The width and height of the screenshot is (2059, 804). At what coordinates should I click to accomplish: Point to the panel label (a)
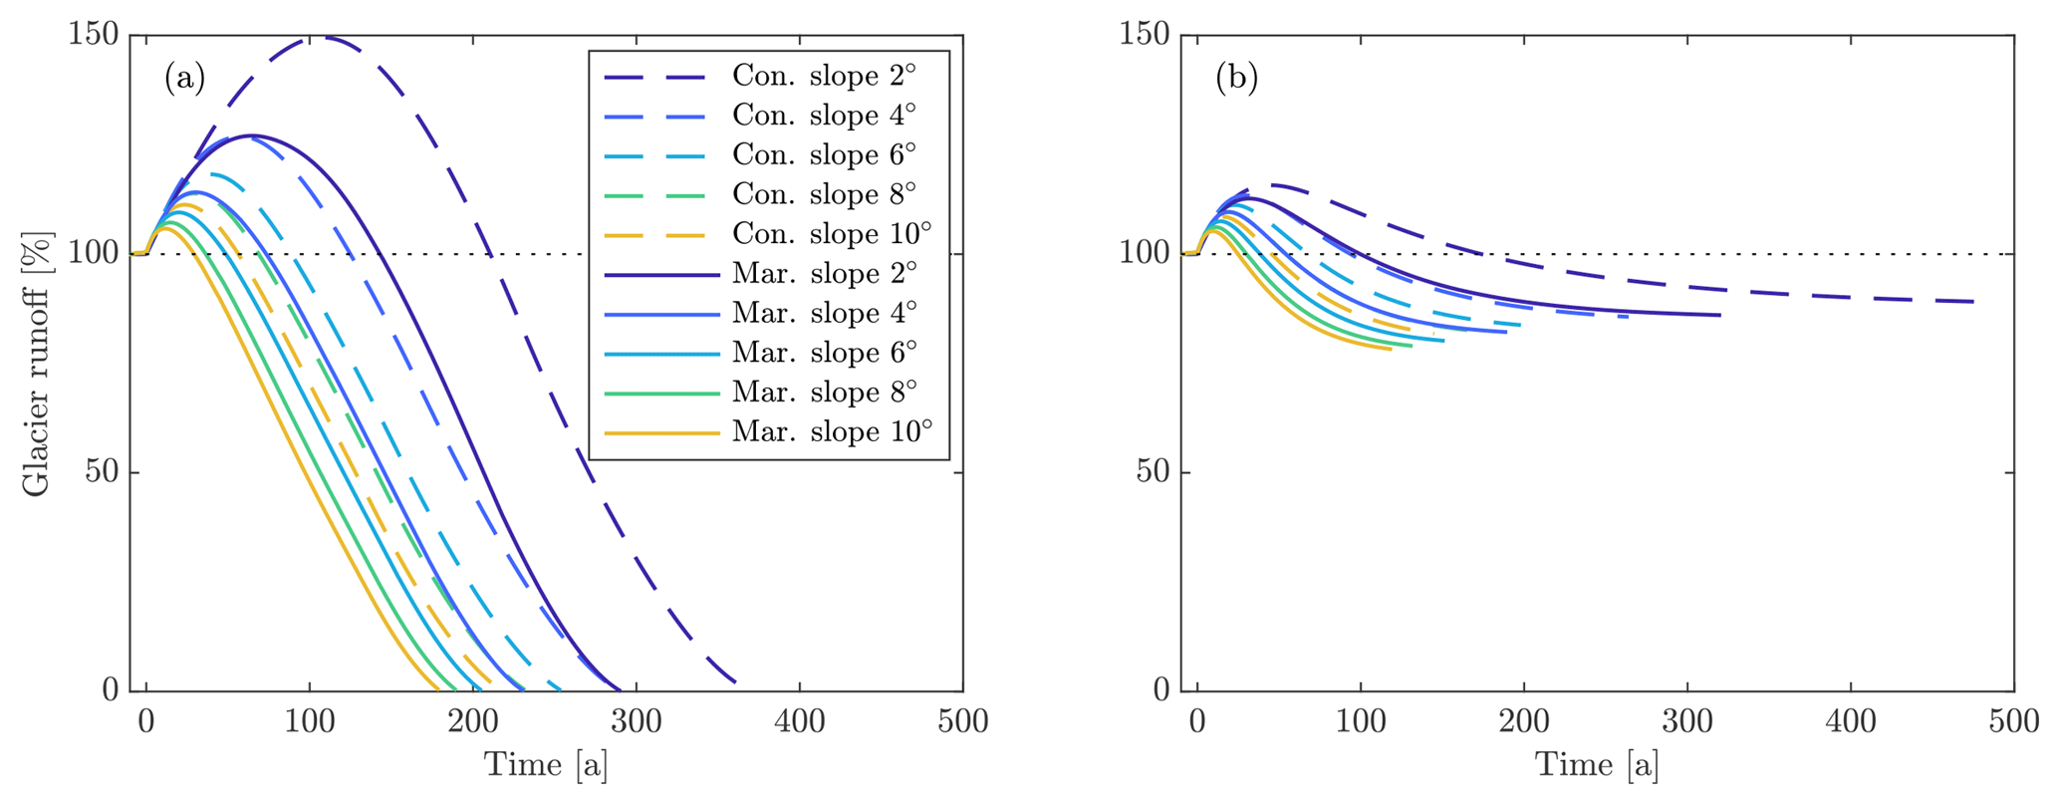pyautogui.click(x=185, y=78)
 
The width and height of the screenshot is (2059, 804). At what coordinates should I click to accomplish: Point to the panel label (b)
pyautogui.click(x=1236, y=78)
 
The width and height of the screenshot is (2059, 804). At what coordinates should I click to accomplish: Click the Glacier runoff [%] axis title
pyautogui.click(x=36, y=364)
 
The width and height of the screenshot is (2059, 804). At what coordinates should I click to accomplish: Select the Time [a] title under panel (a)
pyautogui.click(x=546, y=765)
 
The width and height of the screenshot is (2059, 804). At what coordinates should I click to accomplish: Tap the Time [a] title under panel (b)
pyautogui.click(x=1597, y=765)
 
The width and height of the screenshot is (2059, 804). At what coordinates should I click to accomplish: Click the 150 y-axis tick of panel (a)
pyautogui.click(x=94, y=35)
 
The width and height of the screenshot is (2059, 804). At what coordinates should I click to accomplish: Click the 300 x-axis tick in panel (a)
pyautogui.click(x=637, y=720)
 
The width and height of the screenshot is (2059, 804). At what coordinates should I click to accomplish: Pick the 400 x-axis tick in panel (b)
pyautogui.click(x=1851, y=720)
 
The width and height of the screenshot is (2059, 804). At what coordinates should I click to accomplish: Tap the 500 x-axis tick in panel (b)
pyautogui.click(x=2013, y=720)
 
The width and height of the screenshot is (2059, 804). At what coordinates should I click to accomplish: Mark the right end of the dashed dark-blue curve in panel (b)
pyautogui.click(x=1972, y=302)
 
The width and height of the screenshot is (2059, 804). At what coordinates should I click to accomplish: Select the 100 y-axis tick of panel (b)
pyautogui.click(x=1146, y=254)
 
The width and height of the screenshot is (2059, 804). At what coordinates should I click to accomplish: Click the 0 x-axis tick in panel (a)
pyautogui.click(x=146, y=720)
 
